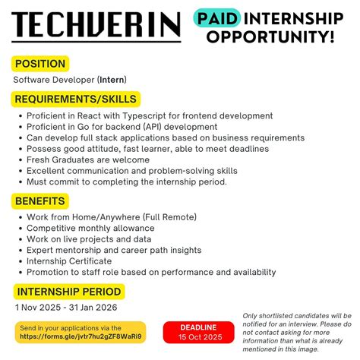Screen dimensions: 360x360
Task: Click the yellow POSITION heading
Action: [39, 64]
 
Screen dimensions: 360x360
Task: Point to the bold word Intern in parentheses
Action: [115, 79]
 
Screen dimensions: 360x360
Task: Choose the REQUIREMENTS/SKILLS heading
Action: [76, 99]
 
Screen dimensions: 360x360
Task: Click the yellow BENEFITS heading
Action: [43, 201]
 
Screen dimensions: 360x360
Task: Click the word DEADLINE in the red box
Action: [198, 327]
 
